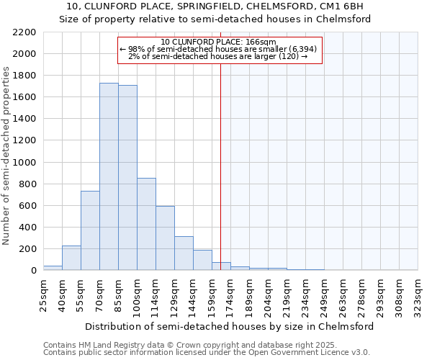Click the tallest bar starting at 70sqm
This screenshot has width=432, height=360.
[109, 176]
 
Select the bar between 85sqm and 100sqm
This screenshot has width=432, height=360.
[127, 178]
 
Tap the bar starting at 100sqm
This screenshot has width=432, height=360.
[146, 224]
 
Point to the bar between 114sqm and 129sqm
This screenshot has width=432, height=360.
[165, 238]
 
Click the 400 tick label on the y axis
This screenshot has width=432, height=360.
[27, 228]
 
